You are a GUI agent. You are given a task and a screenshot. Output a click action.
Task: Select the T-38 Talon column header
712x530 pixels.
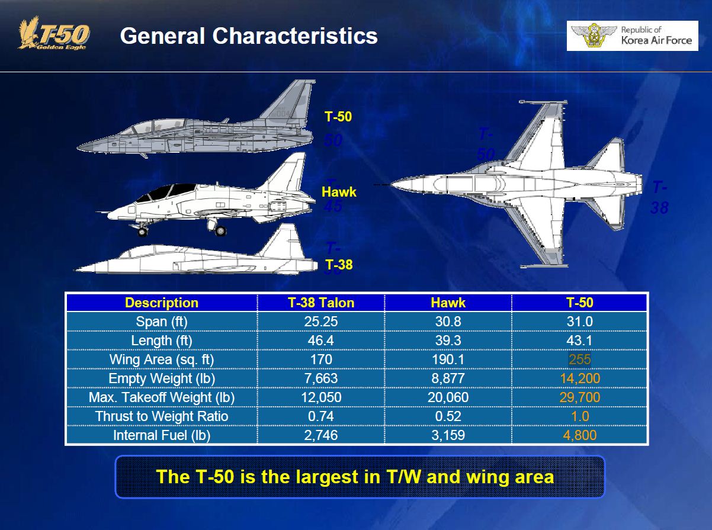pyautogui.click(x=321, y=303)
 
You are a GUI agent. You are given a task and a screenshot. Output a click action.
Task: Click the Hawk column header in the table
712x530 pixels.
pyautogui.click(x=448, y=303)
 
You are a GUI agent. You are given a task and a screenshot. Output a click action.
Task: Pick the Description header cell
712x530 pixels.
pyautogui.click(x=162, y=303)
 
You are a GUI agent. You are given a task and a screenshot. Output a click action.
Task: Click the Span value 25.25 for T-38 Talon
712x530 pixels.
pyautogui.click(x=321, y=322)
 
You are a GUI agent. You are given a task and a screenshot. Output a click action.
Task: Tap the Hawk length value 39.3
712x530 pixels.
pyautogui.click(x=448, y=341)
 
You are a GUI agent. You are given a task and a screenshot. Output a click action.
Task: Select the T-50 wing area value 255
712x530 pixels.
pyautogui.click(x=579, y=359)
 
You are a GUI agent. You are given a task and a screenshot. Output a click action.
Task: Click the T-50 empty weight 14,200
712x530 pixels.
pyautogui.click(x=579, y=378)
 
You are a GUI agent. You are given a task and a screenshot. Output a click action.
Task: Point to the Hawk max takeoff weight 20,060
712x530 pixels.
pyautogui.click(x=448, y=397)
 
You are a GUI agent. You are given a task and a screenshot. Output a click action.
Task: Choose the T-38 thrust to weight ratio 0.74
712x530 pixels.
pyautogui.click(x=321, y=416)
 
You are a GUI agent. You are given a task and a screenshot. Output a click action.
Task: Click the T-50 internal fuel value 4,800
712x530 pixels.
pyautogui.click(x=579, y=435)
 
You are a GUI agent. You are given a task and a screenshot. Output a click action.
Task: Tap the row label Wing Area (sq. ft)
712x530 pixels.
pyautogui.click(x=162, y=359)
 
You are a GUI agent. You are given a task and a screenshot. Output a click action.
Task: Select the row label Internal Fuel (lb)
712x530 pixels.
pyautogui.click(x=162, y=435)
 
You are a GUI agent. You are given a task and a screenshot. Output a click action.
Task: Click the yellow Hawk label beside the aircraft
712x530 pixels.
pyautogui.click(x=339, y=192)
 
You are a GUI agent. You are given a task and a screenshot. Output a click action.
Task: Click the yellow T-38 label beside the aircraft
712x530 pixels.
pyautogui.click(x=339, y=264)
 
